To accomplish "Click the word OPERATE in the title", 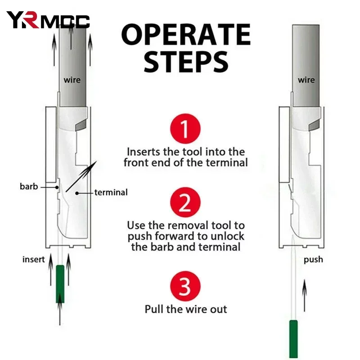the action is (x=186, y=35).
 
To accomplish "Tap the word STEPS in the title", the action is (x=186, y=62).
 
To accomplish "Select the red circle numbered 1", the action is (x=185, y=129).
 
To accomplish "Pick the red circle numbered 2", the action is (x=185, y=202).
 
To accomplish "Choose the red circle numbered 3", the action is (x=185, y=286).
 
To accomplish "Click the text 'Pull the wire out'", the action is (x=186, y=309).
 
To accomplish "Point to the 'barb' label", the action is (x=29, y=186).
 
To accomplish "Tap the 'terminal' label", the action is (x=111, y=193).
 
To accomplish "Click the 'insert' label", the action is (x=33, y=260).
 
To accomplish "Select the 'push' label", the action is (x=313, y=260).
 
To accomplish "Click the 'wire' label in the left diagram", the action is (x=72, y=80).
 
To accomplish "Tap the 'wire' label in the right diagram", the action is (x=306, y=80).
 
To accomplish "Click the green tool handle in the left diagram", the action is (x=60, y=284).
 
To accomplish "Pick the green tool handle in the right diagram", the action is (x=293, y=339).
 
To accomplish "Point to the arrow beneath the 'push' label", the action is (x=305, y=296).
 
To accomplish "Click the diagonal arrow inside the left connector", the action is (x=81, y=176).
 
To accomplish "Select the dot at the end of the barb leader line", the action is (x=57, y=187).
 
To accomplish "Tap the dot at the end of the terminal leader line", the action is (x=77, y=193).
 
